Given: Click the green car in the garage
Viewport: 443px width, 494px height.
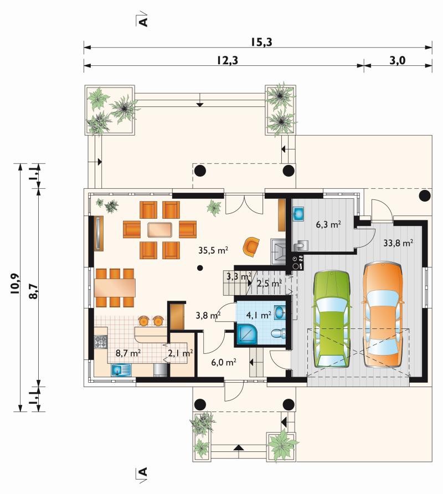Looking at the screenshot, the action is pos(332,319).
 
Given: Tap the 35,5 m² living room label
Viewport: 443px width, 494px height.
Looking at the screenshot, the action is pos(213,250).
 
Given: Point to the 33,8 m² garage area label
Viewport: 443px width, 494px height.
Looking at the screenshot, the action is pos(398,243).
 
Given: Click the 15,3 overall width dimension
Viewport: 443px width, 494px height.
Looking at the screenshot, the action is pos(261,42).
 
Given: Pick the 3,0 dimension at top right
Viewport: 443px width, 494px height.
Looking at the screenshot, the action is pos(397,60).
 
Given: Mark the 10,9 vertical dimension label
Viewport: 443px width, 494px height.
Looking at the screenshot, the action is pos(15,284).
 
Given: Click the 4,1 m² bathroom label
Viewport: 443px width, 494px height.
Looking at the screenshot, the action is pos(259,315).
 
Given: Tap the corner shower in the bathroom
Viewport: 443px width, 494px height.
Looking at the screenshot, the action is pos(247,335).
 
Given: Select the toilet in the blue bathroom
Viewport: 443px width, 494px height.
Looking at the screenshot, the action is pos(279,333).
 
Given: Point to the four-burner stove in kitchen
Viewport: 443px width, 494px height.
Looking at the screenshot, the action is pos(101,342).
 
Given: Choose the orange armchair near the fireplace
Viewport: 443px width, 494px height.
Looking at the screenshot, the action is pos(251,246).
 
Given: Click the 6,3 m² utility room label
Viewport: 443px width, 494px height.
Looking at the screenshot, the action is pos(328,225).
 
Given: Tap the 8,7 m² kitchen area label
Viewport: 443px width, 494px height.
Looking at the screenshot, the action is pos(128,353).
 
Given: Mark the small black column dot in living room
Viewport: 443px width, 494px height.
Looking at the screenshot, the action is pos(200,268).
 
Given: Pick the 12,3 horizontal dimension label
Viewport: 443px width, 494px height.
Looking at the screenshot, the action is pos(227,60).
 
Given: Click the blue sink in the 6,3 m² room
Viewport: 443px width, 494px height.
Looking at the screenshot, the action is pos(298,213).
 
